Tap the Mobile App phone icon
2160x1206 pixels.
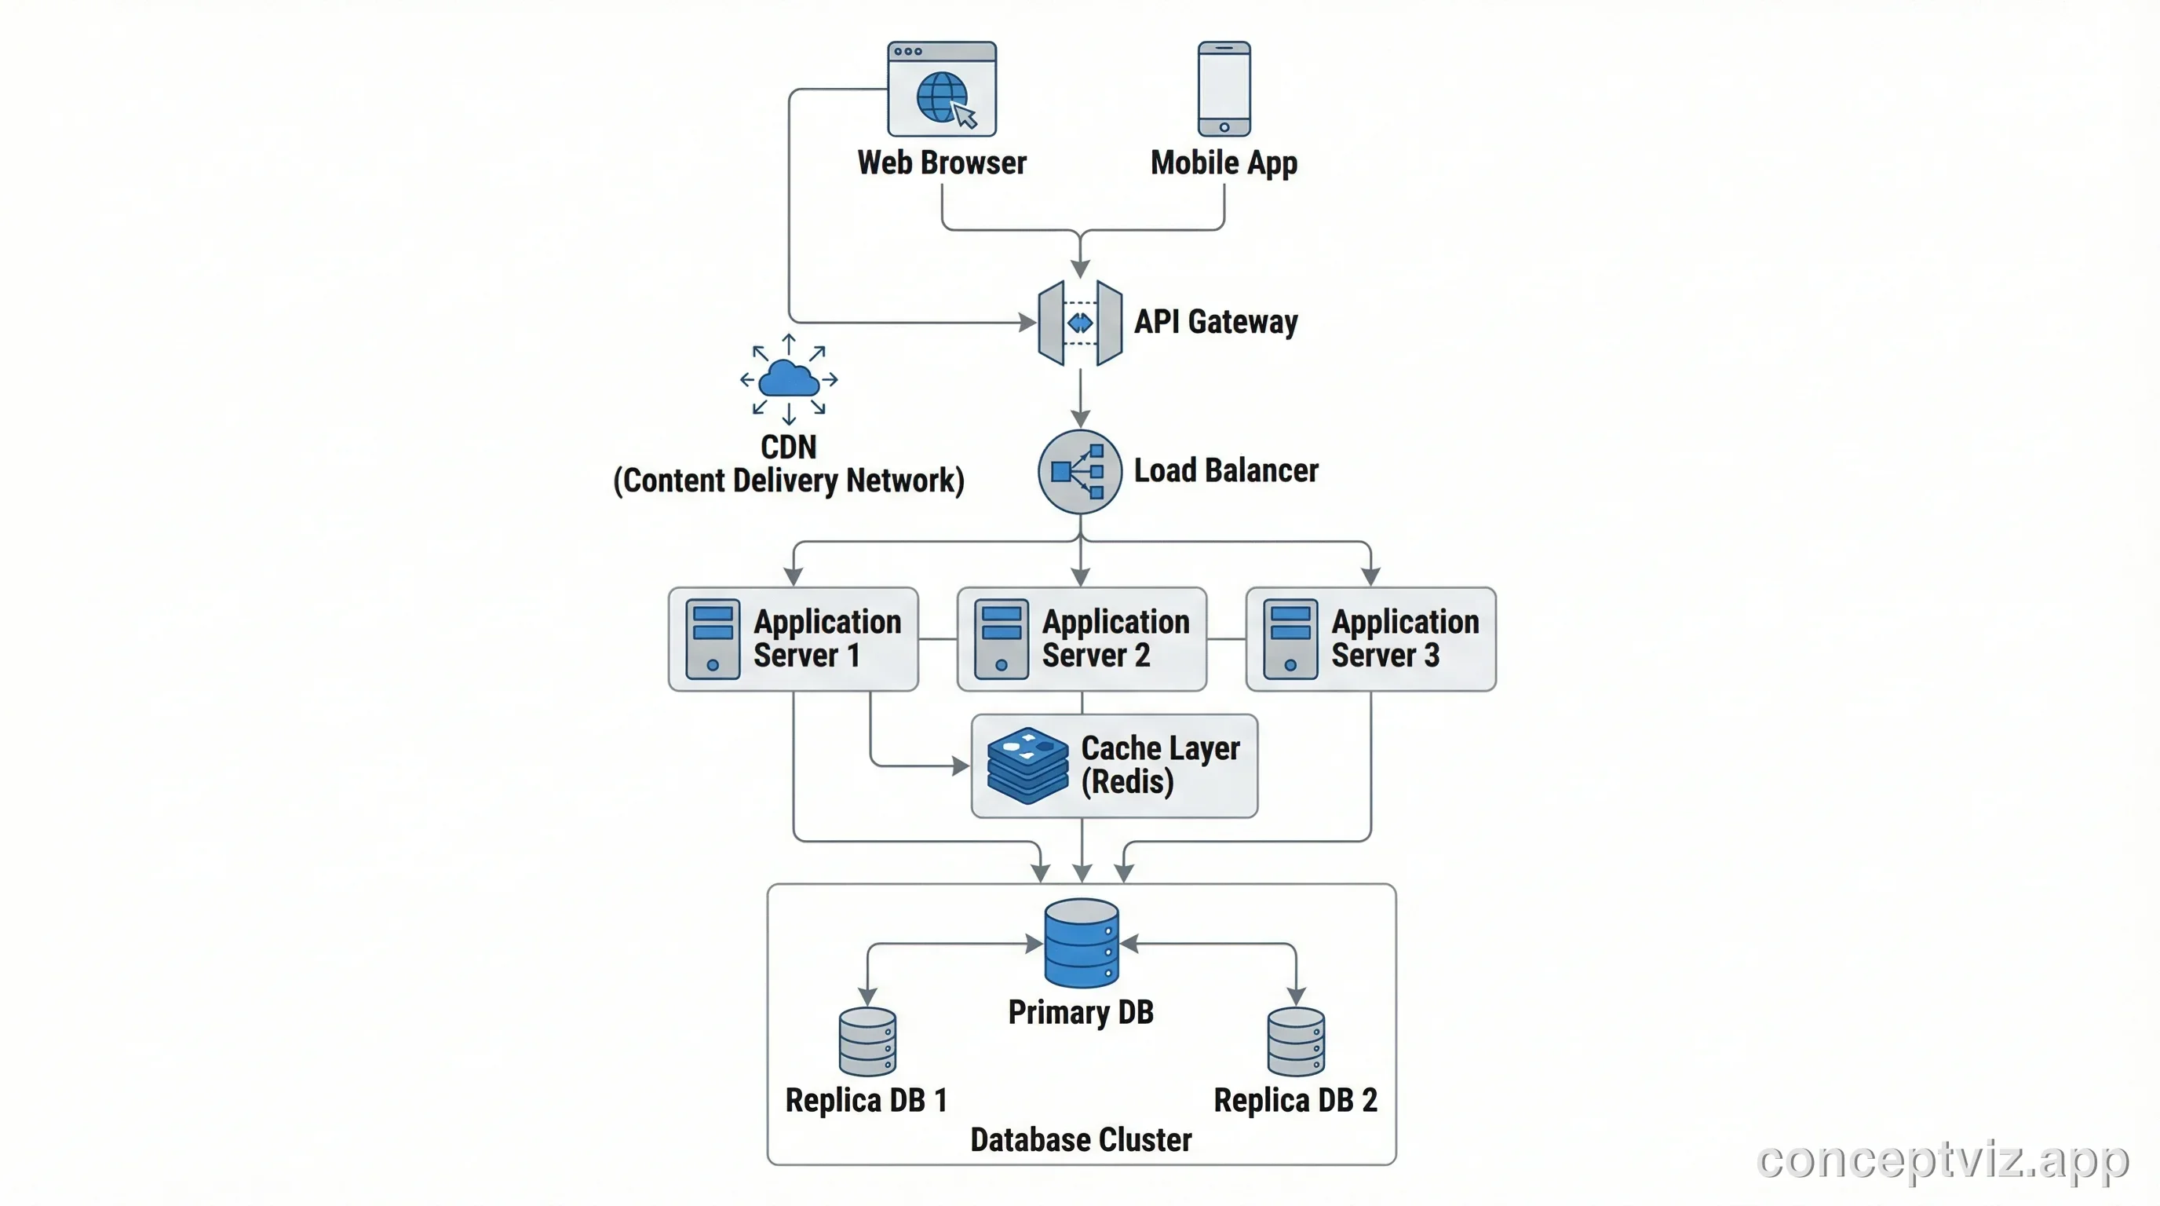coord(1224,89)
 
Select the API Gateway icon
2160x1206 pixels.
coord(1080,323)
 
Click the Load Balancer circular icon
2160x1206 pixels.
coord(1080,471)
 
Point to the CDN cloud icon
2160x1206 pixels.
coord(788,379)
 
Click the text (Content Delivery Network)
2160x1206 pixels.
coord(788,481)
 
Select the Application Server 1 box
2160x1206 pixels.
coord(794,639)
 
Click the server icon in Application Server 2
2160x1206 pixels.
coord(1002,639)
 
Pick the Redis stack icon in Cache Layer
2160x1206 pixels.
coord(1027,766)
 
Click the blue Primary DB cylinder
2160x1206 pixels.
coord(1081,944)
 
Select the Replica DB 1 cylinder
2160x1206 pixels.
coord(867,1043)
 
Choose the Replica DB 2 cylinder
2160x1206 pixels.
coord(1296,1043)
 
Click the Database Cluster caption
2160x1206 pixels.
coord(1080,1140)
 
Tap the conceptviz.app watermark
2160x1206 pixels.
coord(1942,1160)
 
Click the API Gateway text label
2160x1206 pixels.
coord(1215,322)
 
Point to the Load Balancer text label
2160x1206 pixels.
coord(1225,470)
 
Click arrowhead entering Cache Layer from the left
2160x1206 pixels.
coord(961,766)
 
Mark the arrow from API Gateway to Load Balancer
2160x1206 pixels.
coord(1080,398)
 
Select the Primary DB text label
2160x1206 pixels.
coord(1080,1012)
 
